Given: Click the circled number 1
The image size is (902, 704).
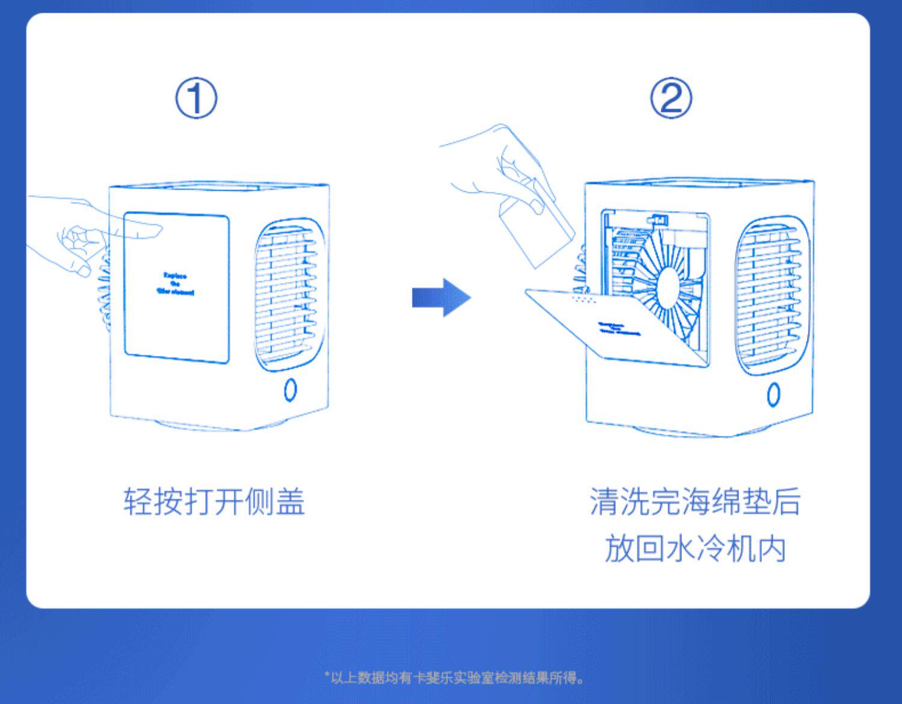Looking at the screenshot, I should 196,99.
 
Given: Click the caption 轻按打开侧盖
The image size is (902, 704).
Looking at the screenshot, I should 214,501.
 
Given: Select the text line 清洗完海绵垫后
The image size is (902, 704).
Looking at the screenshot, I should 695,501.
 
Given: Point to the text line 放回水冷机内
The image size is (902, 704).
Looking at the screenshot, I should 695,549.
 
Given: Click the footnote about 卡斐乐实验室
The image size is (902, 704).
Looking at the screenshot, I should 455,678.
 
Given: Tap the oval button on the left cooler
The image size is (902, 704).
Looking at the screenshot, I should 290,390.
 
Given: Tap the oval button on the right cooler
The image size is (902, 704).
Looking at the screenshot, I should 773,394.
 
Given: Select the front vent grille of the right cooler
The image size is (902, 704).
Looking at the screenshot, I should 771,295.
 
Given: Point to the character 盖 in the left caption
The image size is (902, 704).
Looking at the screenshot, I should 290,501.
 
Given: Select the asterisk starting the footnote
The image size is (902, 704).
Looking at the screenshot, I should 327,676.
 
